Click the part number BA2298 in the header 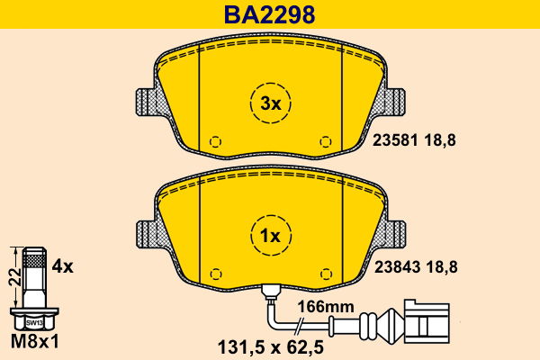point(271,14)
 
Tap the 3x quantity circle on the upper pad point(270,104)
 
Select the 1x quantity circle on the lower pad point(270,236)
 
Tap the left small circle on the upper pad point(214,141)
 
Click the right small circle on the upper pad point(326,141)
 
